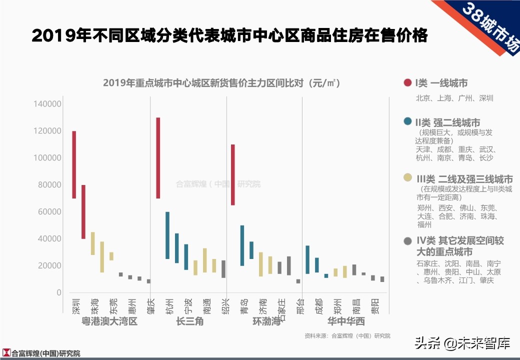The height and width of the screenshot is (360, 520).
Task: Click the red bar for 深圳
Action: (74, 164)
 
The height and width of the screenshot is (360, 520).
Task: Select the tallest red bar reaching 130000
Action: (158, 157)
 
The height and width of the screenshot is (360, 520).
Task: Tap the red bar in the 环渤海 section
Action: (233, 174)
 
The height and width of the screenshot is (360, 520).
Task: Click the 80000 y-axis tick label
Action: (49, 185)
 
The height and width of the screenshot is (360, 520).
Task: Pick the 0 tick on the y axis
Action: (58, 292)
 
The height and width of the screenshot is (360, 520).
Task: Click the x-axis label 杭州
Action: (168, 304)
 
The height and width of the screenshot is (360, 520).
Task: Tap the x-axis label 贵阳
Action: (374, 304)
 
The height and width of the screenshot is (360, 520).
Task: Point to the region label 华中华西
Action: (346, 321)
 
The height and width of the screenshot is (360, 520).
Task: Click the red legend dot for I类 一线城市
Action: (407, 83)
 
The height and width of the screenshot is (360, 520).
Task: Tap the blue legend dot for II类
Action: (407, 121)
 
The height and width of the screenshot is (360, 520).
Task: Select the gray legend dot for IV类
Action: (407, 240)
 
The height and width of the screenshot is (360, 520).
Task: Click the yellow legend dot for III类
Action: (407, 178)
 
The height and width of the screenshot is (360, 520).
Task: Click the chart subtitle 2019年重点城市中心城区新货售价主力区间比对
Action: (221, 83)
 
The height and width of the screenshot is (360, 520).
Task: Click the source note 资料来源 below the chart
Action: (347, 336)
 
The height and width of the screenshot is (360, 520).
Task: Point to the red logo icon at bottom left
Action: (6, 353)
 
